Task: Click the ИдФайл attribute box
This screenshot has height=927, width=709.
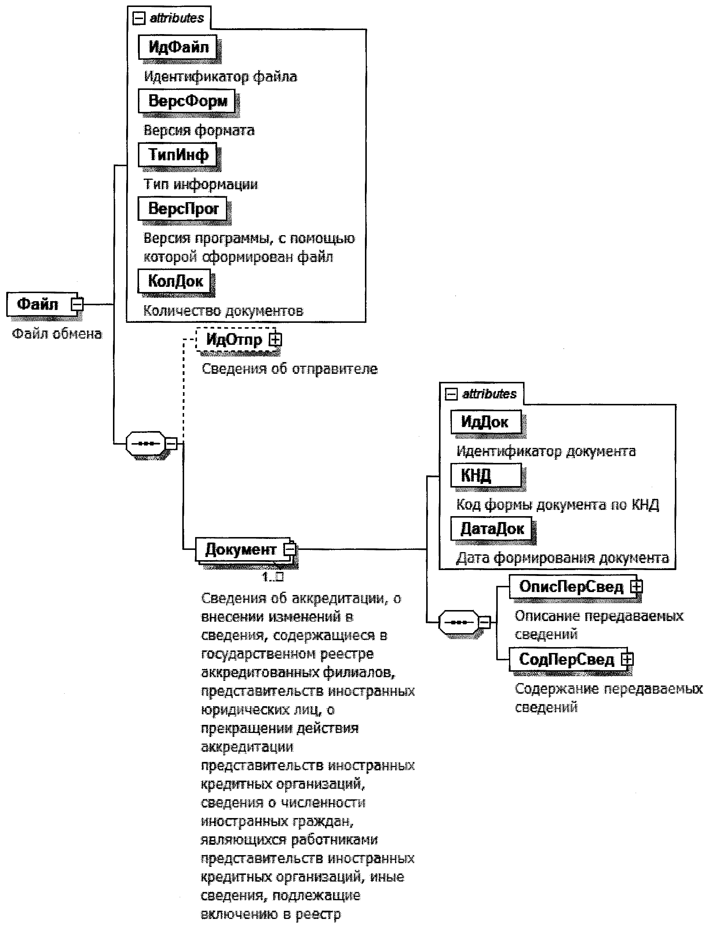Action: (178, 47)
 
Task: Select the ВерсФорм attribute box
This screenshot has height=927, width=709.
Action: (187, 101)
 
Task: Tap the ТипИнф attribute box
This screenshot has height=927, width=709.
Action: (178, 155)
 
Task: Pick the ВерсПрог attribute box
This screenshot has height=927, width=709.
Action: (183, 208)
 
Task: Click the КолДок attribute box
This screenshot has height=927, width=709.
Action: (175, 281)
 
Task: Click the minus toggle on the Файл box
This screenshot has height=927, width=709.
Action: (77, 304)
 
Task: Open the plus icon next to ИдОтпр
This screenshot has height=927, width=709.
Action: (275, 339)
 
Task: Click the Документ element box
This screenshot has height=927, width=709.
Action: (241, 549)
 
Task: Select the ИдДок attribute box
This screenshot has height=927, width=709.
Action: (485, 422)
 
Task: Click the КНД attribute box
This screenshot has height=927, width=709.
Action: (485, 475)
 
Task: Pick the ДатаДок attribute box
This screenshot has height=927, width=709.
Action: (491, 529)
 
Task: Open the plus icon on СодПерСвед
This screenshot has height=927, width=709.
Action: (628, 659)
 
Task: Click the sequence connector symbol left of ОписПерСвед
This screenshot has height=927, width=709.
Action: (459, 622)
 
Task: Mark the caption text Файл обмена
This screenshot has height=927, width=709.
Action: (57, 334)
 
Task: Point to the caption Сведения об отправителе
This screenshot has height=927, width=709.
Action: (289, 369)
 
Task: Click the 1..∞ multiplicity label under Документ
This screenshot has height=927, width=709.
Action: (273, 577)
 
